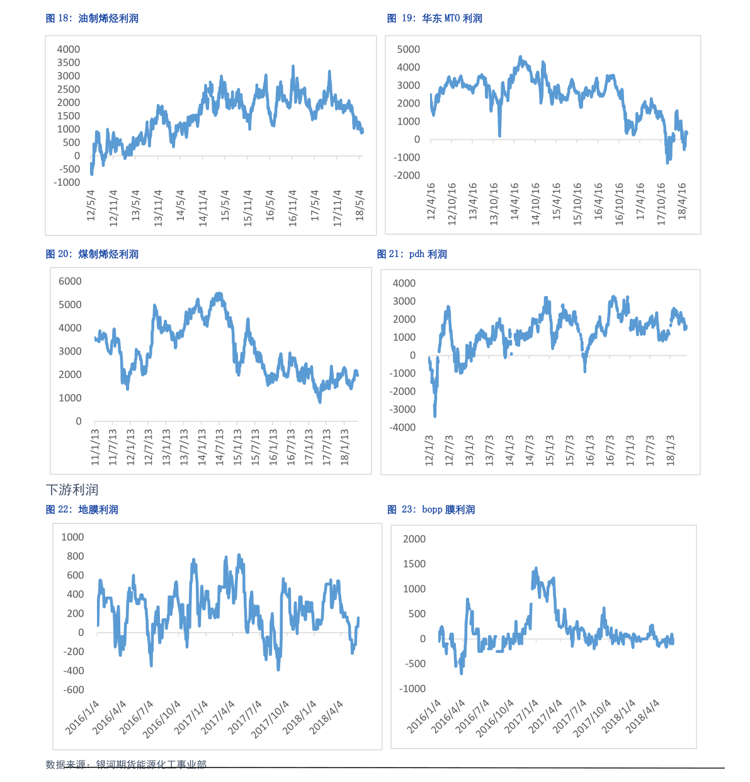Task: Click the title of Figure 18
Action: [92, 18]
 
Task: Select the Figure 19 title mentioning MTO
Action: [435, 18]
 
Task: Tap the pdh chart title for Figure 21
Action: [412, 254]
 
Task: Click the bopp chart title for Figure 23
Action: [431, 509]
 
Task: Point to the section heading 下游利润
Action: [72, 490]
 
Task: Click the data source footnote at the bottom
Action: [126, 764]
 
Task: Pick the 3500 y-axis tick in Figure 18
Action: [69, 62]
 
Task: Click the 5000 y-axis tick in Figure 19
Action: [409, 49]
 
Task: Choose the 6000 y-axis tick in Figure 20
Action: [70, 281]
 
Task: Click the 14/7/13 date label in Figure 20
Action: [220, 447]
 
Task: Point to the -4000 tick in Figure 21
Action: [404, 428]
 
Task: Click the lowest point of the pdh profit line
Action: [435, 416]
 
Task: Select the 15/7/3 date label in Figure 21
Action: [570, 450]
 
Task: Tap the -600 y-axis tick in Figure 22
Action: [73, 689]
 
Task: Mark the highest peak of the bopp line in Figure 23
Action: [536, 568]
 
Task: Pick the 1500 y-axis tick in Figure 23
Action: [414, 564]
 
